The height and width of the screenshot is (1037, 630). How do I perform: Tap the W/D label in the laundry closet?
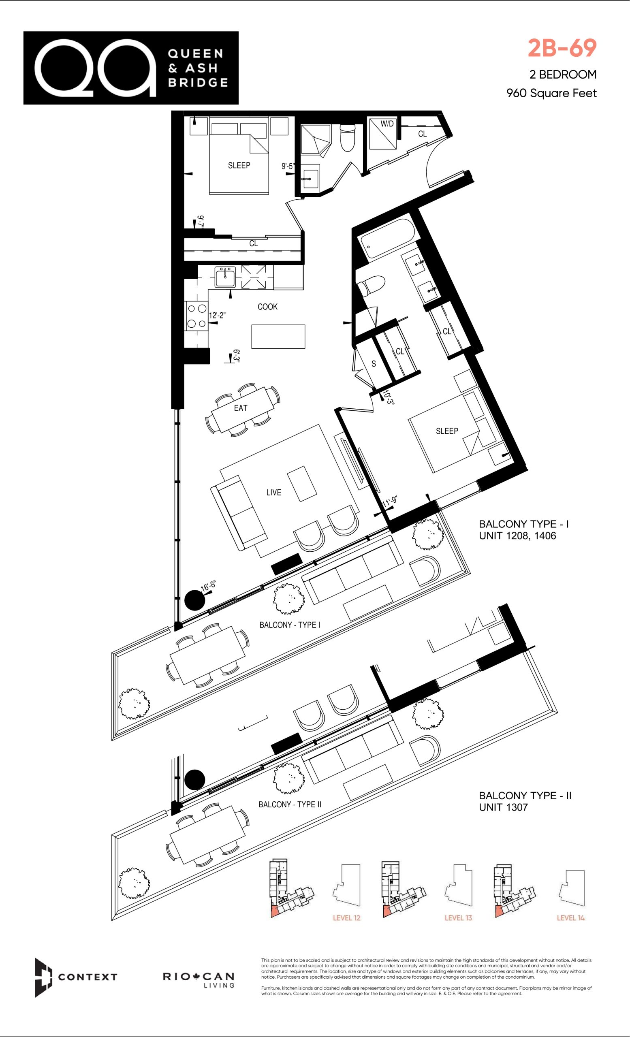coord(387,124)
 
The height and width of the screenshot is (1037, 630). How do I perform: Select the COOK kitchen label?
coord(268,307)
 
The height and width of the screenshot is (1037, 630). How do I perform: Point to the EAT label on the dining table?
coord(241,408)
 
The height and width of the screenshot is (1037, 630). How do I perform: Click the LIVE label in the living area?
coord(273,493)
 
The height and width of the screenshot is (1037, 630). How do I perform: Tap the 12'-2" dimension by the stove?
coord(218,315)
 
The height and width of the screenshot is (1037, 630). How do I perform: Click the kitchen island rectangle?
coord(278,337)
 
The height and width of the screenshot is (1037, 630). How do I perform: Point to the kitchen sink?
coord(226,277)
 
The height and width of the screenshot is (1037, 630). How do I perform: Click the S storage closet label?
coord(374,364)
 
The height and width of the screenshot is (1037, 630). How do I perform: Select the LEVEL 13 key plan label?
coord(458,918)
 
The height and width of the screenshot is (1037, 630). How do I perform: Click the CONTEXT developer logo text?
coord(88,977)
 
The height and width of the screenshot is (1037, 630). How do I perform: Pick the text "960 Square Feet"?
coord(552,93)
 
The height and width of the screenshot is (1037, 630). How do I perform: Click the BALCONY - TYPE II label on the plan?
coord(290,804)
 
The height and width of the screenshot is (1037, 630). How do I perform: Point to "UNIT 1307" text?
coord(503,807)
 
